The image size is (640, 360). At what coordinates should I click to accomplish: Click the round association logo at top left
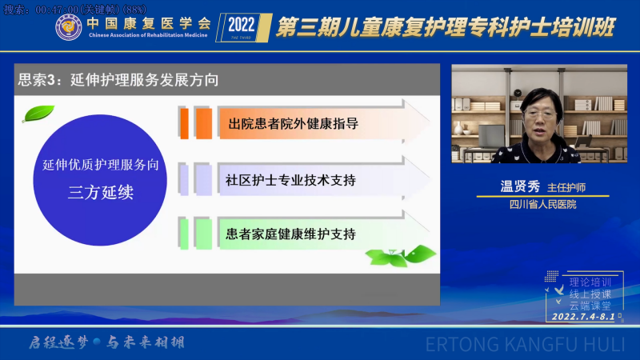(68, 27)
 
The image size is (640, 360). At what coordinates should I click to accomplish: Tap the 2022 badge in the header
(244, 27)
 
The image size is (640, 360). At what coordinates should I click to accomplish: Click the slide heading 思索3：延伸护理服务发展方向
(118, 79)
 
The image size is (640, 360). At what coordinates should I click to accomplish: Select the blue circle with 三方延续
(100, 180)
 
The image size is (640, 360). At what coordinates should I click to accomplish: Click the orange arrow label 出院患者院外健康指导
(293, 123)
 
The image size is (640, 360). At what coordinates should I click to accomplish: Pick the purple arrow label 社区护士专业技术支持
(290, 180)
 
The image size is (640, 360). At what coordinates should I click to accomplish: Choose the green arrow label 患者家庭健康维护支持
(290, 234)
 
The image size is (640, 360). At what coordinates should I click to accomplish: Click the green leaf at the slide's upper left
(38, 114)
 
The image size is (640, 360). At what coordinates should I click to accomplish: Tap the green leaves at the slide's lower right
(401, 256)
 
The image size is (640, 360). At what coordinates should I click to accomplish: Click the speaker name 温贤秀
(520, 186)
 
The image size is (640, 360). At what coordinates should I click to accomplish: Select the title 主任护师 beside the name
(566, 188)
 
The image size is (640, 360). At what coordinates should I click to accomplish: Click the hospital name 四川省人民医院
(543, 205)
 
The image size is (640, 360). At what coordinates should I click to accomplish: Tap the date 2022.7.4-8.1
(583, 317)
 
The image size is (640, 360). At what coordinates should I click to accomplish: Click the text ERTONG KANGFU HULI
(526, 345)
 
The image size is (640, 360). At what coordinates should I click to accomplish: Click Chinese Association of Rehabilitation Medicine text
(148, 35)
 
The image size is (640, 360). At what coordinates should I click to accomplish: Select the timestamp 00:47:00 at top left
(57, 10)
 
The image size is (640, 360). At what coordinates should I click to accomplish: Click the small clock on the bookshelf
(518, 93)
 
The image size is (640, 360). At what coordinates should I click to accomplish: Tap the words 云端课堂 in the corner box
(590, 306)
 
